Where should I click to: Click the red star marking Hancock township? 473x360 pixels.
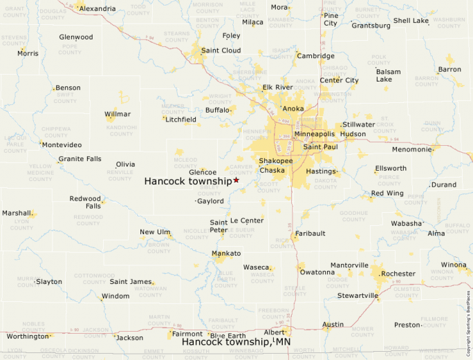point(236,180)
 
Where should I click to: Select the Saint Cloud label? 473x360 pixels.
point(221,50)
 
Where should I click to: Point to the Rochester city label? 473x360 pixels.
point(398,274)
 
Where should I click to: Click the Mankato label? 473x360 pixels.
point(226,254)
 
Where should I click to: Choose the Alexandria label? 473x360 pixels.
point(97,8)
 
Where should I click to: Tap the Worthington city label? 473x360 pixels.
point(28,337)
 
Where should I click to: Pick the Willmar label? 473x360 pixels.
point(117,114)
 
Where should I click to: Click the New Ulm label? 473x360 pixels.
point(155,232)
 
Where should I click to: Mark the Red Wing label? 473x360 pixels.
point(387,193)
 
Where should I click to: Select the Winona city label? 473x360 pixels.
point(454,265)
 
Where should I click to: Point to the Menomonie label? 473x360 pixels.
point(412,149)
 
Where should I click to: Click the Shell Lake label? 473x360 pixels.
point(411,21)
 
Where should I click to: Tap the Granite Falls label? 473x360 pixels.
point(80,159)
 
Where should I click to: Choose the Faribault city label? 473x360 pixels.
point(310,234)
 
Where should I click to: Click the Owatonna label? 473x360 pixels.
point(317,272)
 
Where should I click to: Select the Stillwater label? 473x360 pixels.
point(358,124)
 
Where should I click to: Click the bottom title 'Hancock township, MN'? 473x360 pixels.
point(236,342)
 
